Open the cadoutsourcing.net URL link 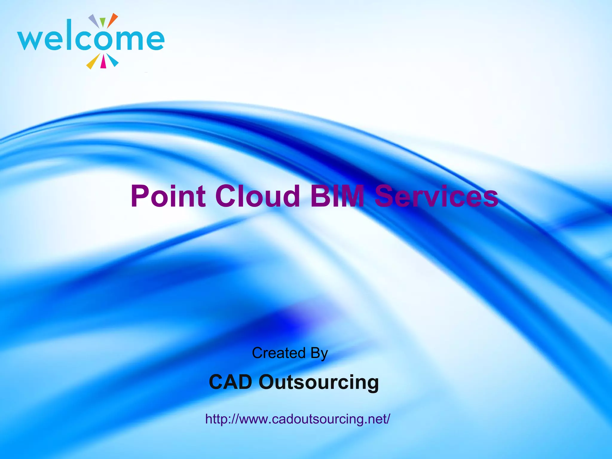298,419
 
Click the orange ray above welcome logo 113,20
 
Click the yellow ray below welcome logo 92,62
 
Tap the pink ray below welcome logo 103,62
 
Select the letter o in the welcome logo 102,40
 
